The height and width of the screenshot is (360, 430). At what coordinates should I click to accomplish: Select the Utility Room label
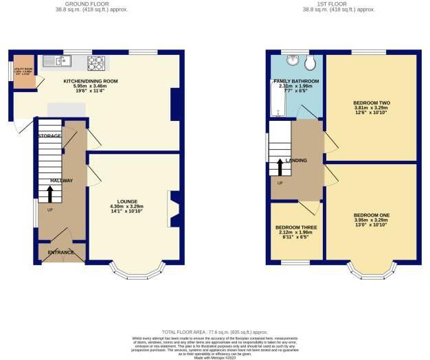(19, 69)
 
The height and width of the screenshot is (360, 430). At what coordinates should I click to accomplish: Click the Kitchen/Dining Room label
(91, 81)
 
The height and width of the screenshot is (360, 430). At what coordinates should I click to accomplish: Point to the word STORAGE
(49, 136)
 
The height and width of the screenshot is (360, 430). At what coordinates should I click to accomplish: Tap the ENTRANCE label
(60, 253)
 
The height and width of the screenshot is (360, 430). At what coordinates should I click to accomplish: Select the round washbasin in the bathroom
(295, 61)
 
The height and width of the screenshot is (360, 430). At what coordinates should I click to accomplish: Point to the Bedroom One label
(371, 215)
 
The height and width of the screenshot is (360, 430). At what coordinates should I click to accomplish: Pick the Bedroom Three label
(296, 227)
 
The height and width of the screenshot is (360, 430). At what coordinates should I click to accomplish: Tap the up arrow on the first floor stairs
(280, 167)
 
